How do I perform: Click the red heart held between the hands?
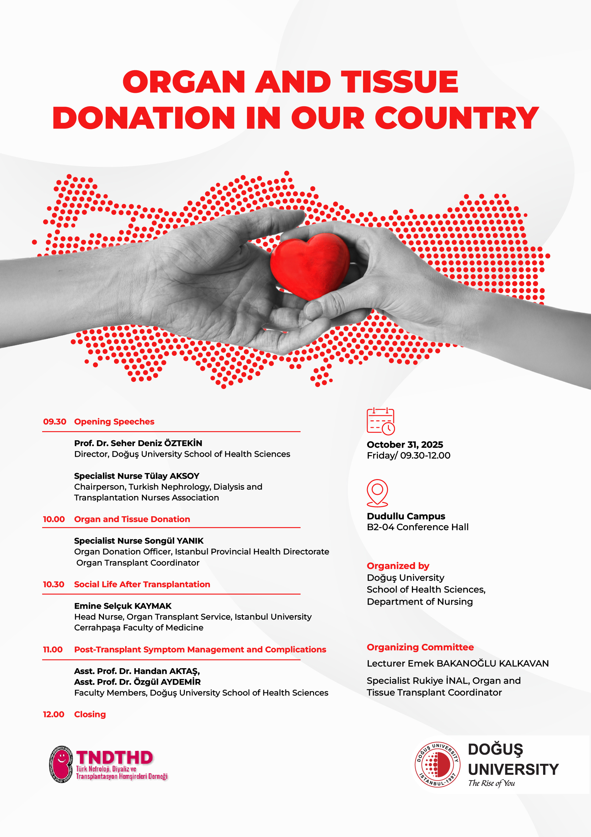[310, 265]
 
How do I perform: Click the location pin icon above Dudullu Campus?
[377, 493]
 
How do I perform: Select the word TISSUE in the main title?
[399, 82]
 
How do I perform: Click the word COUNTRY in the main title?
[457, 118]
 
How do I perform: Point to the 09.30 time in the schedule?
[55, 422]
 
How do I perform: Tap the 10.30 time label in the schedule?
[54, 584]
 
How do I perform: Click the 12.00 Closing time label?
[54, 714]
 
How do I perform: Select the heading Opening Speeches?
[114, 422]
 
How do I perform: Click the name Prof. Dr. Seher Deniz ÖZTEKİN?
[138, 443]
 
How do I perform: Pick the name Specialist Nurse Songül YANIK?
[139, 541]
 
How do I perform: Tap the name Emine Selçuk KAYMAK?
[123, 606]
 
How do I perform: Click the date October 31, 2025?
[405, 445]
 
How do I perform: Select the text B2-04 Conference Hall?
[418, 527]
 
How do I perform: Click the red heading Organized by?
[398, 566]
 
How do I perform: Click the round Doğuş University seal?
[438, 764]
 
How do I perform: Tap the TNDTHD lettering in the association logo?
[114, 757]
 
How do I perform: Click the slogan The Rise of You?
[491, 783]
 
